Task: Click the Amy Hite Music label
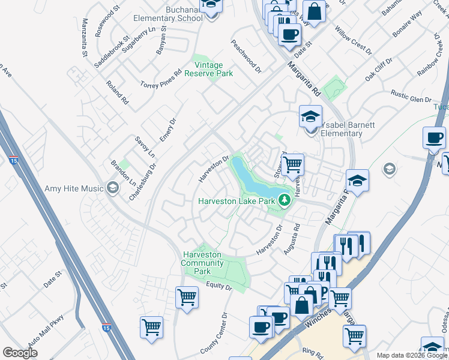[74, 188]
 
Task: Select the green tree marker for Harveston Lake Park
[284, 201]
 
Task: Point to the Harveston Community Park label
[202, 263]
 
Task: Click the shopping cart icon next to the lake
[292, 164]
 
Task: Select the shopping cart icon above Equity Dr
[187, 296]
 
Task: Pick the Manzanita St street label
[85, 41]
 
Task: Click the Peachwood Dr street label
[247, 56]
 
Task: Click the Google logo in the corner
[20, 353]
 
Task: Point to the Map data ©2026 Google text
[412, 355]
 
